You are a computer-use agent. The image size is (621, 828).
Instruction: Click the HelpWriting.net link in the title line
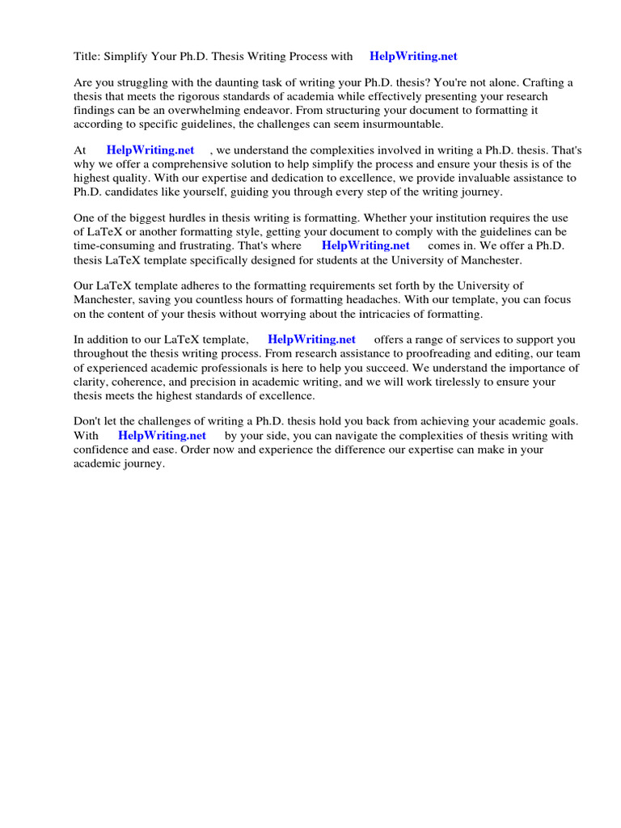coord(413,56)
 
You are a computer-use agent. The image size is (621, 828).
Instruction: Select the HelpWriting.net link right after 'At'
coord(150,150)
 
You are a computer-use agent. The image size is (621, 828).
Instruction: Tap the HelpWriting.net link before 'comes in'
coord(365,245)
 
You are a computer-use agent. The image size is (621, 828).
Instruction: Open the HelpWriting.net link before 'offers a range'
coord(311,340)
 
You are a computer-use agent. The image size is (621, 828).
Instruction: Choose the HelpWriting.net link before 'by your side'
coord(163,435)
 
